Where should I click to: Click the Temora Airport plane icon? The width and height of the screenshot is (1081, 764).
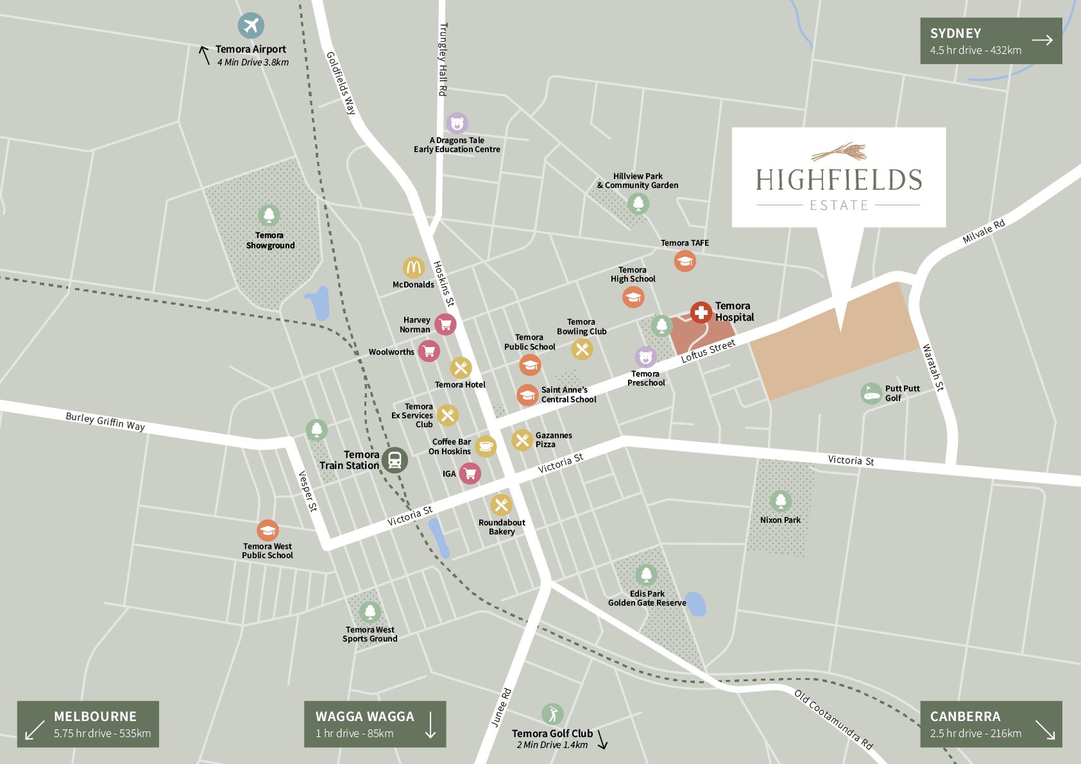coord(251,26)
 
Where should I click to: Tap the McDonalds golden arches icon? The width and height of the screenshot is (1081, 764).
coord(414,267)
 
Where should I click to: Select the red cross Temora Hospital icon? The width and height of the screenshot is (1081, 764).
coord(701,312)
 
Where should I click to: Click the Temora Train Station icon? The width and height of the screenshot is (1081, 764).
coord(395,459)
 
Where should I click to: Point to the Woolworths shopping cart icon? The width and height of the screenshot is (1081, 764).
coord(429,351)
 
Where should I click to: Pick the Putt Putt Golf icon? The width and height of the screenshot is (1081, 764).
coord(871,393)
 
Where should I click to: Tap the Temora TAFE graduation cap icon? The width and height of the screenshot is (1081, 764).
coord(685,260)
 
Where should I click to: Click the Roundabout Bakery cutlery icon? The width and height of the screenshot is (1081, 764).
coord(502,505)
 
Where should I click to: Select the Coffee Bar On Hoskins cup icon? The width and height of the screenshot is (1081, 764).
coord(486,446)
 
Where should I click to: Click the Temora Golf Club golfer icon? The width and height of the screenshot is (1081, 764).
coord(552,713)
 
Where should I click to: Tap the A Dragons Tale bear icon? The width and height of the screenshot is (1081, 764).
coord(457,123)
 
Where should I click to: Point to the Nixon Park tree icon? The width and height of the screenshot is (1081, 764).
coord(780,501)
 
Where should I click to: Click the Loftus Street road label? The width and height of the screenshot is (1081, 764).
coord(708,351)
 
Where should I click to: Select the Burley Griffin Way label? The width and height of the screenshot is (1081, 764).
coord(105,421)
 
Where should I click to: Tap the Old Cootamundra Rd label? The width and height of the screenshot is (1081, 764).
coord(833,720)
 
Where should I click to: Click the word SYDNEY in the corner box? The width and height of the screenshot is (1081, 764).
coord(955,33)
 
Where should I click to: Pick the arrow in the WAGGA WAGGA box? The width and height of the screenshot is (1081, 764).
coord(430,724)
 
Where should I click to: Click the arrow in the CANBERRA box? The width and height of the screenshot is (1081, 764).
coord(1044,731)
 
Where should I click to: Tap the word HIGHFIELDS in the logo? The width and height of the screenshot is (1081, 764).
coord(838,180)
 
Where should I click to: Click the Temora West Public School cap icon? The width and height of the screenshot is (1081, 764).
coord(268,531)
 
